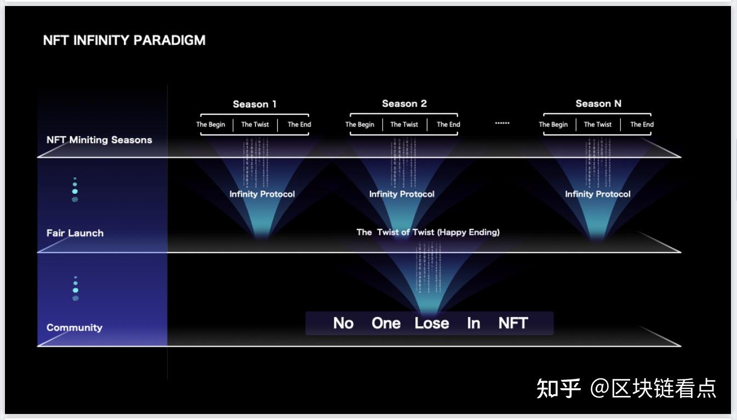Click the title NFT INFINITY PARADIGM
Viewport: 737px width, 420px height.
tap(124, 41)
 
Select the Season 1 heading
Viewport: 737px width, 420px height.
tap(255, 104)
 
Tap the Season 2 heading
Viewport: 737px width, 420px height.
tap(404, 103)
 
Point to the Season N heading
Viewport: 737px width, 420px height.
tap(598, 103)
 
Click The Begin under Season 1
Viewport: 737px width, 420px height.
tap(211, 124)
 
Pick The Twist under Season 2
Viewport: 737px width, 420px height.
tap(404, 124)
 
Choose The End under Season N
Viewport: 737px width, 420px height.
tap(642, 124)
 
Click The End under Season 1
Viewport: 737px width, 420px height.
tap(299, 124)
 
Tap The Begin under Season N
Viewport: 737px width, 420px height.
tap(553, 124)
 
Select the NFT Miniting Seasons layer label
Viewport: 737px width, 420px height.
tap(99, 140)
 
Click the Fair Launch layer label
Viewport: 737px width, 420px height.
tap(75, 233)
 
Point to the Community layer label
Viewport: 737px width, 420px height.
tap(75, 327)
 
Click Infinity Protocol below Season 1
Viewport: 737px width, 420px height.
tap(262, 194)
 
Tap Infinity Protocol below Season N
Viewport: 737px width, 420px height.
tap(598, 194)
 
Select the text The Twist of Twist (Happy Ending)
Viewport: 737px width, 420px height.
tap(428, 232)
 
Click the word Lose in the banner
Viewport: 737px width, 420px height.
tap(432, 323)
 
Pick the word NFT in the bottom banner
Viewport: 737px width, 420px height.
tap(513, 323)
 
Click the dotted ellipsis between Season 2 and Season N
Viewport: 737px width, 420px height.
tap(502, 123)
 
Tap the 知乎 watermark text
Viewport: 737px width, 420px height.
tap(558, 388)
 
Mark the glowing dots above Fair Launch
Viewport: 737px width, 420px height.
tap(75, 190)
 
